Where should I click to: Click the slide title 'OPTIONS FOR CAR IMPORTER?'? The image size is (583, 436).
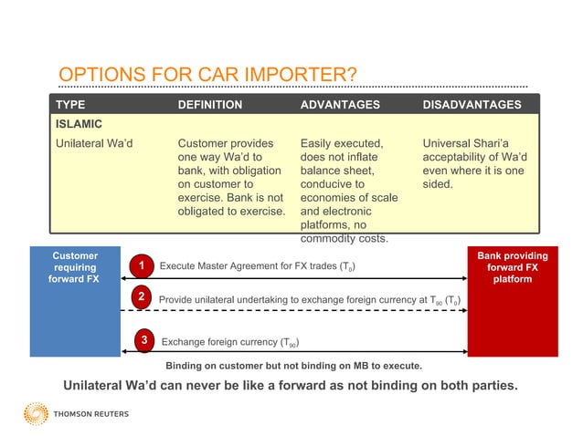[x=207, y=74]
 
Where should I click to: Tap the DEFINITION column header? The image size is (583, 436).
[x=209, y=105]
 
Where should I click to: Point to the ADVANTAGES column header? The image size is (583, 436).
[x=339, y=105]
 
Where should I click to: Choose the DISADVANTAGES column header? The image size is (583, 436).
[x=472, y=105]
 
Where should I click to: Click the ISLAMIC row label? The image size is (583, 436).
[x=79, y=123]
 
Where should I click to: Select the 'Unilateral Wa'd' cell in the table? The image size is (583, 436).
[x=95, y=143]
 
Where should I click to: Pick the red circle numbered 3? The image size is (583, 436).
[x=143, y=341]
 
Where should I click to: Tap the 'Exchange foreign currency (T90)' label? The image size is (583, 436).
[x=229, y=343]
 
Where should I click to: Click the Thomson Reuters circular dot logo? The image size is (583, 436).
[x=36, y=413]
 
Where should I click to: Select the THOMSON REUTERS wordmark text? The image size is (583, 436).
[x=92, y=414]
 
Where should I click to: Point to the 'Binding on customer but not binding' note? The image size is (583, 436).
[x=292, y=365]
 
